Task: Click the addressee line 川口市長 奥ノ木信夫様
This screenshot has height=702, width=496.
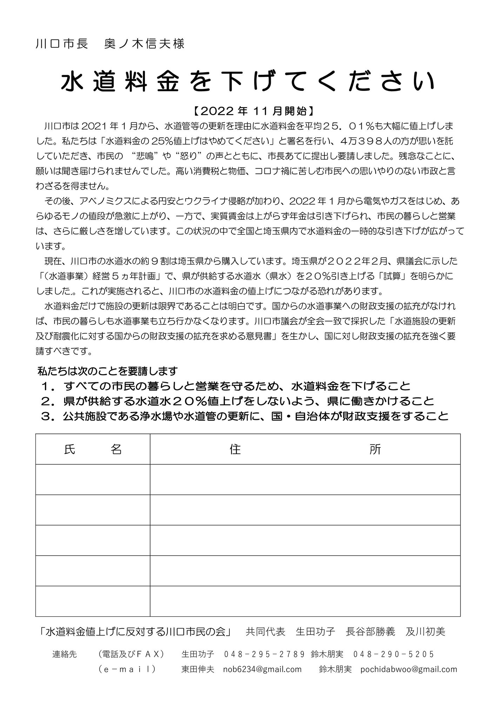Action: click(x=110, y=44)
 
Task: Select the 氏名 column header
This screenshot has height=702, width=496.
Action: click(x=93, y=449)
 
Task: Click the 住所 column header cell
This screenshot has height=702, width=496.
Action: click(x=305, y=449)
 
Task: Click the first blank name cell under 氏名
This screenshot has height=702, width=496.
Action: click(x=93, y=479)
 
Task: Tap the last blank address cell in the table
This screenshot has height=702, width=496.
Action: click(x=305, y=601)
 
